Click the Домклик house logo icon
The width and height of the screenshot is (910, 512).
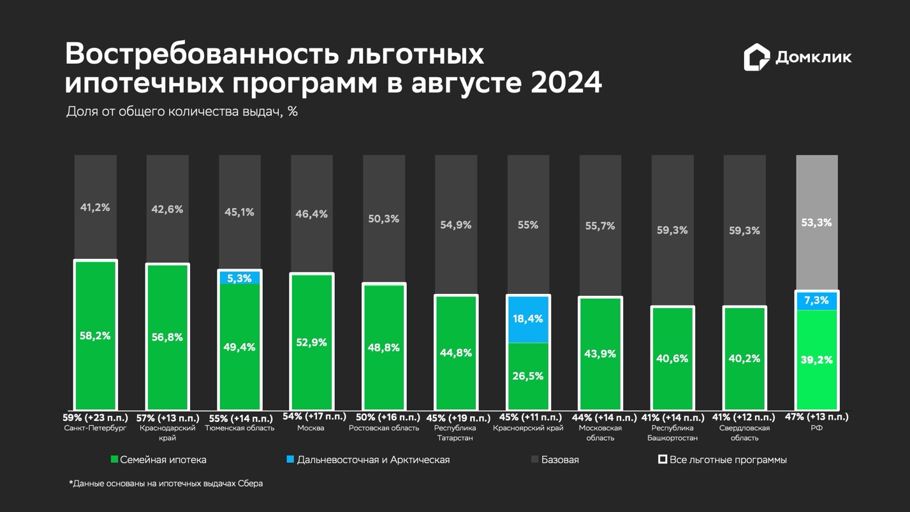[756, 57]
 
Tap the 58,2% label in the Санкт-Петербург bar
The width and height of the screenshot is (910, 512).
[95, 335]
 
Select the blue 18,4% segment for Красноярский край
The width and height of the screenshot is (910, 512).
[528, 319]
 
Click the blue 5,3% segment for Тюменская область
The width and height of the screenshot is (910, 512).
[239, 278]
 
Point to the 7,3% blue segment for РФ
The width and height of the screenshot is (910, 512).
[816, 300]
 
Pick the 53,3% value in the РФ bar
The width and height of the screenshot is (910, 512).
[816, 223]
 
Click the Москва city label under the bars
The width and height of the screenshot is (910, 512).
[311, 428]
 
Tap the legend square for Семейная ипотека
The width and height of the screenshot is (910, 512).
[115, 459]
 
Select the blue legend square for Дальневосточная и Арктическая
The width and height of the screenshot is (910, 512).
[290, 459]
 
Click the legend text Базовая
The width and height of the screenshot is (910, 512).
[559, 460]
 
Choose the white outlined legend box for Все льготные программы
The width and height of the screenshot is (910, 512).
[663, 459]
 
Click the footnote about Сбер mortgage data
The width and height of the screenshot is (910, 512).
[166, 483]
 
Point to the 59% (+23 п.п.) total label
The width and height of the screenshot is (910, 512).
[95, 418]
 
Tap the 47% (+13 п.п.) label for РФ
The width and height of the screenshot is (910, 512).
[816, 416]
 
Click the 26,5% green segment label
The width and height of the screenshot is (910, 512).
[528, 376]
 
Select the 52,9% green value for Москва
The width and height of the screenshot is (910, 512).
[311, 342]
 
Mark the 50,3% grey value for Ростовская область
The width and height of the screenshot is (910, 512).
[383, 219]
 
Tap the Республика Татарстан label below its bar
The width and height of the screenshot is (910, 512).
[455, 433]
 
